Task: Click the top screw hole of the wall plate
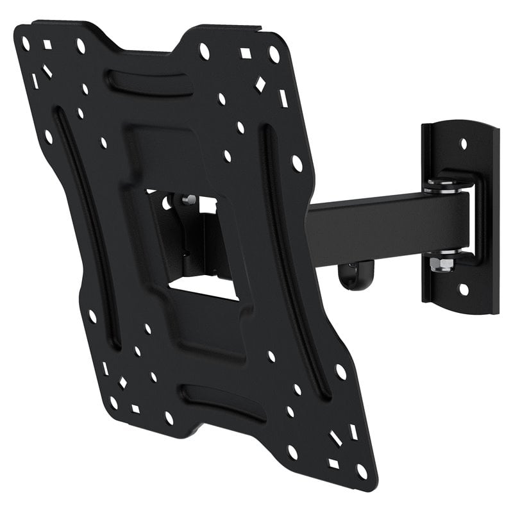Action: (x=464, y=144)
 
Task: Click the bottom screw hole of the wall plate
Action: (x=463, y=290)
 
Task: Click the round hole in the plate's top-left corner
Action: (x=26, y=44)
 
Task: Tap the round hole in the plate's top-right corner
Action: (x=274, y=55)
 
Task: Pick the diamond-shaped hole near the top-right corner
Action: (x=260, y=83)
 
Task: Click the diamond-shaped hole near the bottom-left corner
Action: (x=122, y=382)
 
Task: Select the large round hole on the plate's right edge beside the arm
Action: (x=296, y=163)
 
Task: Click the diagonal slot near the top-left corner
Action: (x=47, y=71)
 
